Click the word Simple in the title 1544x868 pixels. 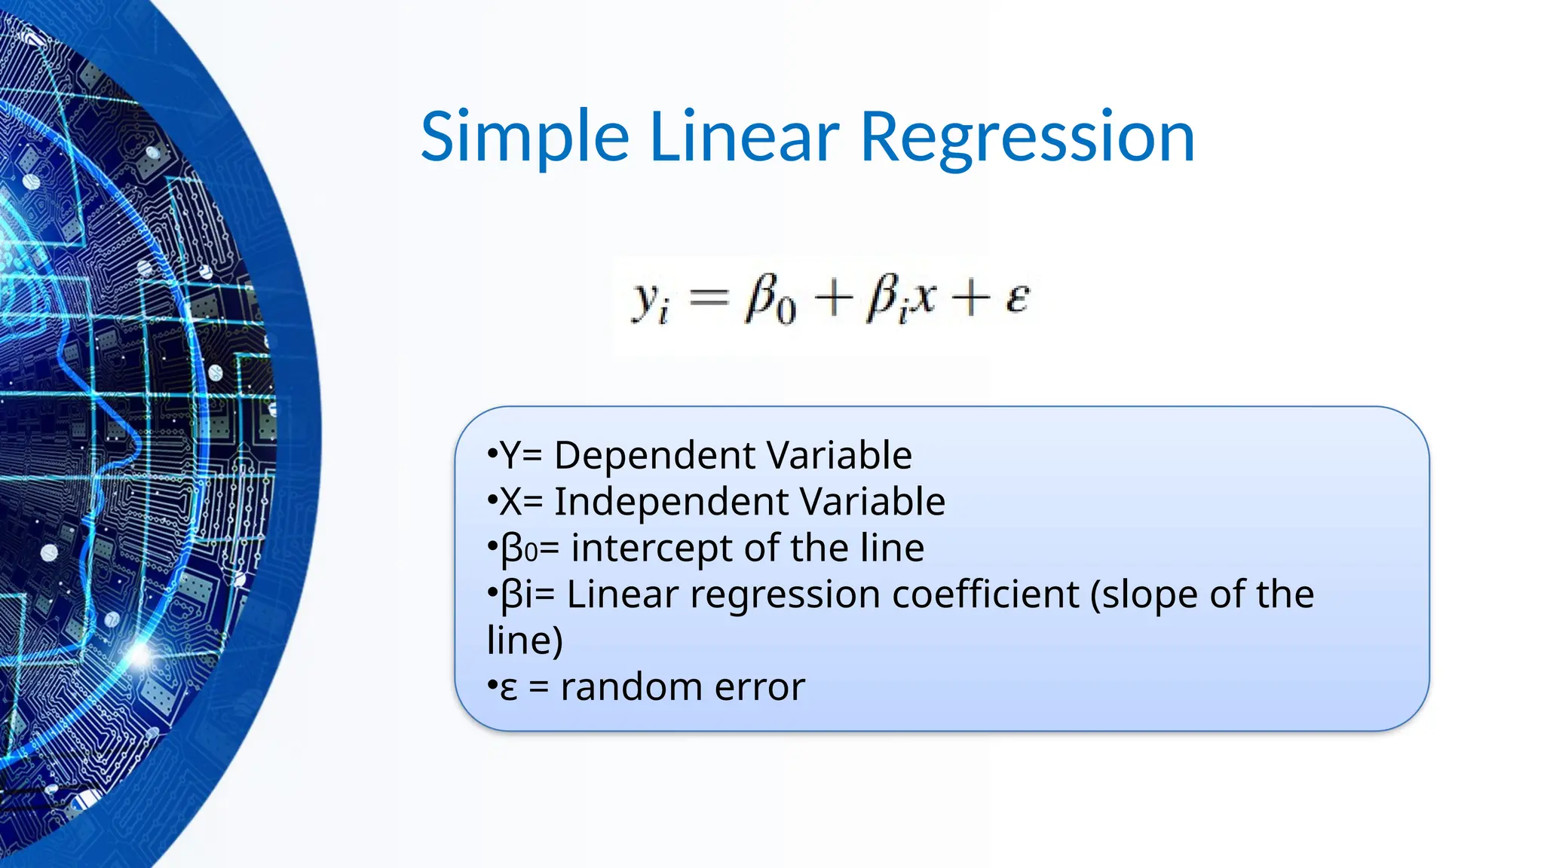[x=524, y=137]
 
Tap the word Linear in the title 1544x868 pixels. [x=743, y=137]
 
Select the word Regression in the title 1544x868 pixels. [x=1027, y=137]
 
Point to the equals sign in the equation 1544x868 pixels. [x=709, y=298]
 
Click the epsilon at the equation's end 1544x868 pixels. [x=1016, y=298]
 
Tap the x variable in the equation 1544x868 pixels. [x=921, y=297]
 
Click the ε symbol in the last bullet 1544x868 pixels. [x=509, y=689]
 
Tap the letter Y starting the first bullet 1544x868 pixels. [x=510, y=455]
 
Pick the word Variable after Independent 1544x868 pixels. [x=872, y=502]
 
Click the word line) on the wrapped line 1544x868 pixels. [x=525, y=641]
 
